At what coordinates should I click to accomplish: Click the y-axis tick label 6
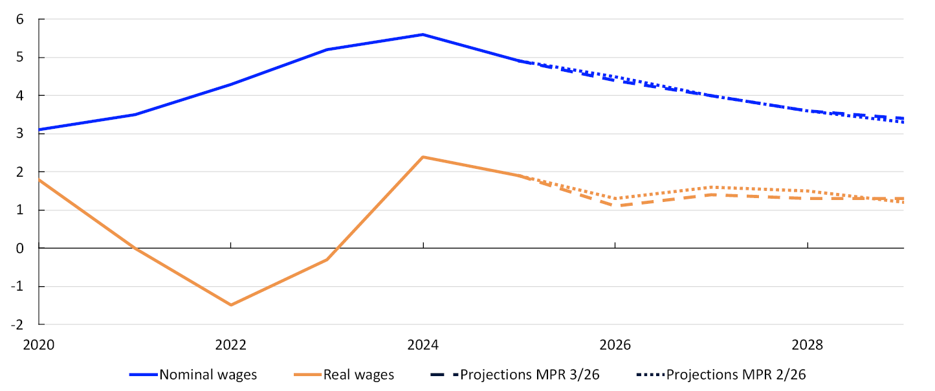tap(19, 19)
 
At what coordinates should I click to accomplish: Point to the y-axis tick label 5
tap(19, 57)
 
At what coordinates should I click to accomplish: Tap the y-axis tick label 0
tap(19, 248)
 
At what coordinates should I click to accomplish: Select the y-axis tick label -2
tap(17, 324)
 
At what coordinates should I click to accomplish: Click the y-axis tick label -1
tap(17, 287)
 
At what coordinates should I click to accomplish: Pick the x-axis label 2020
tap(39, 344)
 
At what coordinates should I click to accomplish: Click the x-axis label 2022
tap(231, 344)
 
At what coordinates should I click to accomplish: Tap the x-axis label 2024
tap(423, 344)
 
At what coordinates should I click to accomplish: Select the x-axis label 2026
tap(615, 344)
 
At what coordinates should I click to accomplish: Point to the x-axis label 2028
tap(808, 344)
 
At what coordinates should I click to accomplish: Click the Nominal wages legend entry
tap(193, 375)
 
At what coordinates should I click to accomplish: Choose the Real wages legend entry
tap(344, 375)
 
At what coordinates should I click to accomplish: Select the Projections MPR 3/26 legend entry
tap(515, 375)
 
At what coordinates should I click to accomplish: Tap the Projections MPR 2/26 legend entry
tap(721, 375)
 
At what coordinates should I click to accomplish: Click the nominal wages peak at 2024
tap(423, 35)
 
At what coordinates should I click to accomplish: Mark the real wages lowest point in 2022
tap(231, 305)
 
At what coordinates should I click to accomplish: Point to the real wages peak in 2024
tap(423, 157)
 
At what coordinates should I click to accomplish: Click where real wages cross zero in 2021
tap(135, 248)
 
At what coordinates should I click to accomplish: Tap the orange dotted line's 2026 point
tap(615, 199)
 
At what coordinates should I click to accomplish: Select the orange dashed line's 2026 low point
tap(615, 206)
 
